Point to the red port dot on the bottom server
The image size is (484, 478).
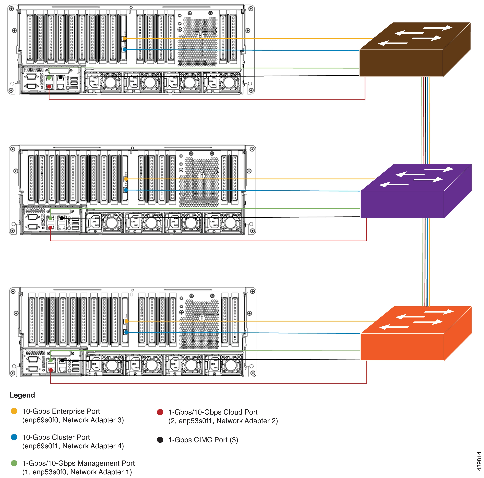51,370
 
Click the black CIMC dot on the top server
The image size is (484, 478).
60,77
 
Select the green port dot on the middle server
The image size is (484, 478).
50,218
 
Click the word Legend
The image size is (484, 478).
22,395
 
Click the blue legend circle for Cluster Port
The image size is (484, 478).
14,437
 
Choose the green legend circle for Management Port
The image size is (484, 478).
14,463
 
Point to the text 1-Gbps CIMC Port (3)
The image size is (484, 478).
203,440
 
